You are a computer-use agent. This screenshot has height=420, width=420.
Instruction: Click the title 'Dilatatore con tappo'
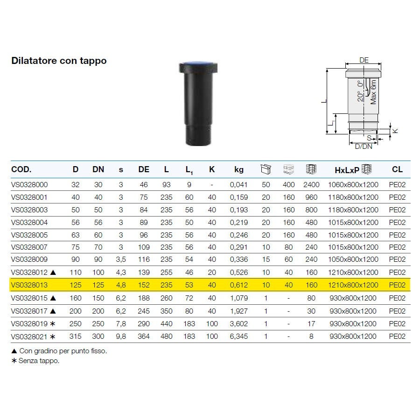[x=59, y=61]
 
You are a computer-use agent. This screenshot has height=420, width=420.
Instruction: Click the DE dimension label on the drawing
[x=364, y=60]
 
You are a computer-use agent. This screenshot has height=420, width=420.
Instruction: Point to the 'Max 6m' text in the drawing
[x=373, y=92]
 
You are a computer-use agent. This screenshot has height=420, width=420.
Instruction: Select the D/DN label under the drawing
[x=364, y=147]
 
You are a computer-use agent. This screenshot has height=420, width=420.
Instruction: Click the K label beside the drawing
[x=395, y=131]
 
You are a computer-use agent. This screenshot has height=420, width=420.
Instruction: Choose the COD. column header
[x=21, y=169]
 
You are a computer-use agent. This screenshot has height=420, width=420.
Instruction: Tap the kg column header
[x=238, y=169]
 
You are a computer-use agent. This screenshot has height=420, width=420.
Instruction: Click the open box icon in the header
[x=266, y=169]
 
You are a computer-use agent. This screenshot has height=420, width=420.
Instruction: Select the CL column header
[x=397, y=169]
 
